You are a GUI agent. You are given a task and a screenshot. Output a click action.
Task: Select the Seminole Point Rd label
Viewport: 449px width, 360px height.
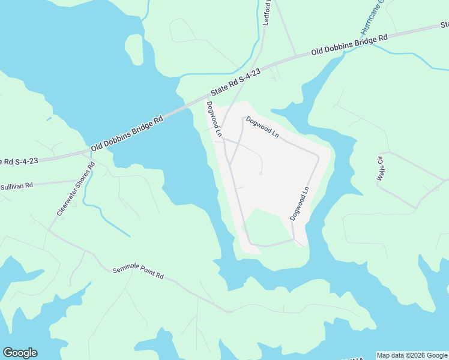point(138,274)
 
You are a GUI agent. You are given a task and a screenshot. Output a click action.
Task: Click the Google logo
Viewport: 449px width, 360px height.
point(20,353)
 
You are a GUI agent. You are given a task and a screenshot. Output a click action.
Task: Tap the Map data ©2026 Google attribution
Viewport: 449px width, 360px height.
point(412,355)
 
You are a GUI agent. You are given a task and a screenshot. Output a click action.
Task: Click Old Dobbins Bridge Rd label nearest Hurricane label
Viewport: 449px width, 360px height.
point(349,45)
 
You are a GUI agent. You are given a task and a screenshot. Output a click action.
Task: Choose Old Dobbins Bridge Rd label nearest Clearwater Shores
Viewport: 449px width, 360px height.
point(127,133)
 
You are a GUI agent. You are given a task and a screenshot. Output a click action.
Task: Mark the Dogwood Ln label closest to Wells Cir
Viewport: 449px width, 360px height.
point(299,203)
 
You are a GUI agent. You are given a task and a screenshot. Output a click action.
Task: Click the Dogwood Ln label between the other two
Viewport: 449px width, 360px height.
point(262,127)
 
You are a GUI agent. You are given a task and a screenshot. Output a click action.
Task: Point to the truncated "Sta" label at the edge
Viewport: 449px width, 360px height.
point(445,25)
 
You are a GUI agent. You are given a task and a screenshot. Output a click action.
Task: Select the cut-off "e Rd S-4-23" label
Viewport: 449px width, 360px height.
point(19,161)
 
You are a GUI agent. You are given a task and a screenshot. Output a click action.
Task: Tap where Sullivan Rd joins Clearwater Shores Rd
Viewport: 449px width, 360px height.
point(83,179)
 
